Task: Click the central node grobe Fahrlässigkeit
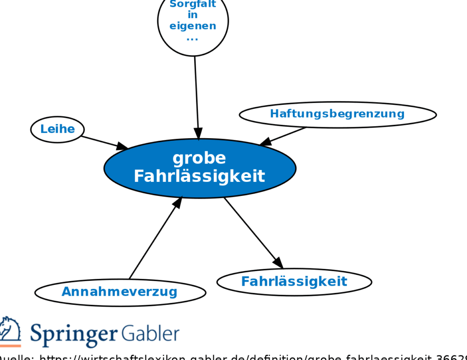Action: (200, 168)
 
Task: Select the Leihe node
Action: (57, 129)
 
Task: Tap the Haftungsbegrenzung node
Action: (337, 114)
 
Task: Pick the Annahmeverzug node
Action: (120, 292)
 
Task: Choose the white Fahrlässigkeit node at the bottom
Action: (294, 282)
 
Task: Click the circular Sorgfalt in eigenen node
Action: (193, 21)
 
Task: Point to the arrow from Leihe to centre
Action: (103, 142)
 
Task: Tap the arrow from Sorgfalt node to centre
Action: (197, 96)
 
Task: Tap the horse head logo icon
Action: (9, 332)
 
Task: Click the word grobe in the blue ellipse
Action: (199, 158)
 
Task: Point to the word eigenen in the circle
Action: (193, 26)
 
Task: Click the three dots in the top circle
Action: (192, 38)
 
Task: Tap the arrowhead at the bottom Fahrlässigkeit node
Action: (278, 263)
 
